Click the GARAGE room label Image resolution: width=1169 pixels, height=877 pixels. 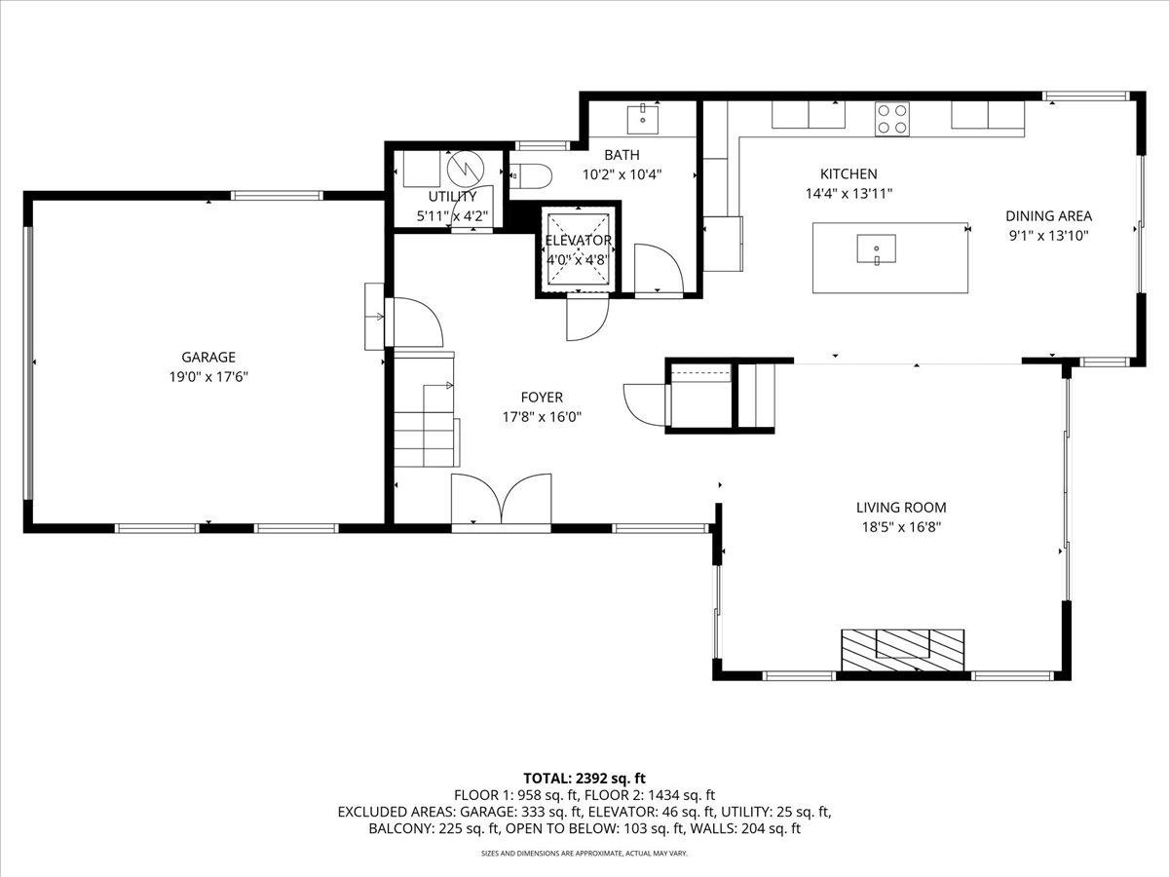tap(208, 357)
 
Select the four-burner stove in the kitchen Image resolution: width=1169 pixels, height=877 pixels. tap(892, 119)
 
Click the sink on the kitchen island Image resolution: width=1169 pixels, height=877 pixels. tap(876, 248)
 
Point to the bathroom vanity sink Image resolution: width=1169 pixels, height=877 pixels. tap(642, 120)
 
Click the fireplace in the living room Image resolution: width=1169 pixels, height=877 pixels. tap(903, 650)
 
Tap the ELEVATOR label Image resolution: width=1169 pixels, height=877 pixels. tap(579, 241)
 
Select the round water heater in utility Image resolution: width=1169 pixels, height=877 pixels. tap(466, 170)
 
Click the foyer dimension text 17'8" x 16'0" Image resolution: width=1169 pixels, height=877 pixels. tap(542, 417)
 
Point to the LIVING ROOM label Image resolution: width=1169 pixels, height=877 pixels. tap(901, 508)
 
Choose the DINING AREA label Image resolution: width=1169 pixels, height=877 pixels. tap(1048, 215)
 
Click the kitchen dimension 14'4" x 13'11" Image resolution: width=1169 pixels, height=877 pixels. tap(848, 193)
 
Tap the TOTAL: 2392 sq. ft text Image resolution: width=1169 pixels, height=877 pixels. tap(584, 779)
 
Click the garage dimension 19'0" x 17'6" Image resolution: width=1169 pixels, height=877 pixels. tap(208, 377)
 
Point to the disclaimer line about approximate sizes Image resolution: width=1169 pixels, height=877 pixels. tap(584, 854)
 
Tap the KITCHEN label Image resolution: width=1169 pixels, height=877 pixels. tap(848, 173)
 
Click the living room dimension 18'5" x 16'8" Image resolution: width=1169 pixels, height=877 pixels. tap(902, 527)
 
